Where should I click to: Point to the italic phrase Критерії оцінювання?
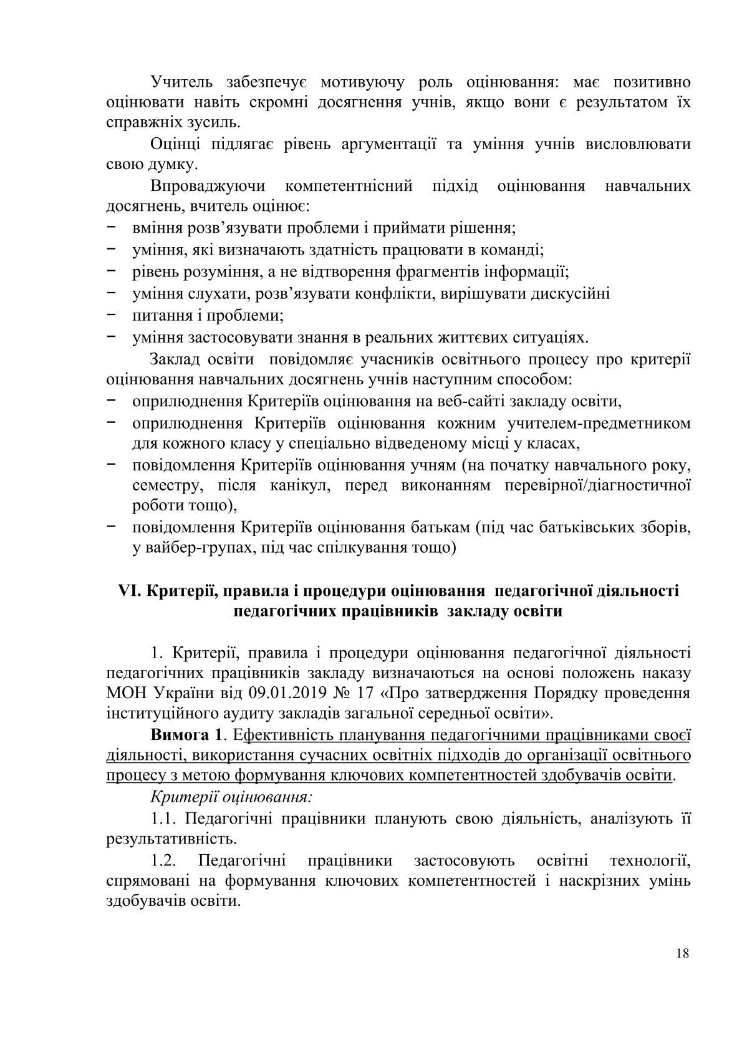[x=231, y=796]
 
